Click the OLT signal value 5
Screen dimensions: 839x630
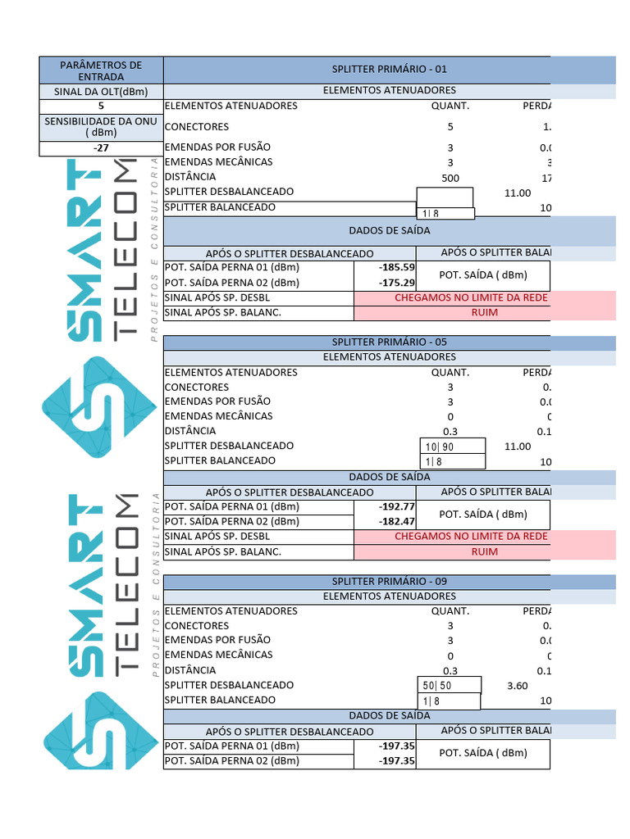click(101, 106)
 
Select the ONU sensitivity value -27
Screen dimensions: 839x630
click(101, 148)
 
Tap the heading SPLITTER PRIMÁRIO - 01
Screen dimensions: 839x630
click(389, 70)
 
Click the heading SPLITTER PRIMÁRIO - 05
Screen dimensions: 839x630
click(389, 342)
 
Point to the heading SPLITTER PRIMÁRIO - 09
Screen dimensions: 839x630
click(389, 581)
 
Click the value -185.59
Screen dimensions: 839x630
click(397, 267)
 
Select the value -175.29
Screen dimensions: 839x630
click(397, 283)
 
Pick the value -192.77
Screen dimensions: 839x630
click(397, 506)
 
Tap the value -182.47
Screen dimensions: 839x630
click(397, 521)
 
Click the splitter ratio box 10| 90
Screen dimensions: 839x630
click(452, 447)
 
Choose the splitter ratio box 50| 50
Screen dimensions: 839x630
click(450, 686)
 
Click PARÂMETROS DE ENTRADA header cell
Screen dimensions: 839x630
click(101, 70)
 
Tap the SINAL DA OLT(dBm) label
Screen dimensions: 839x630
click(101, 92)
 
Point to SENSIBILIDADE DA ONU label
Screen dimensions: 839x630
click(101, 127)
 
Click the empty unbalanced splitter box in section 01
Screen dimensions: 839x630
click(445, 197)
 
